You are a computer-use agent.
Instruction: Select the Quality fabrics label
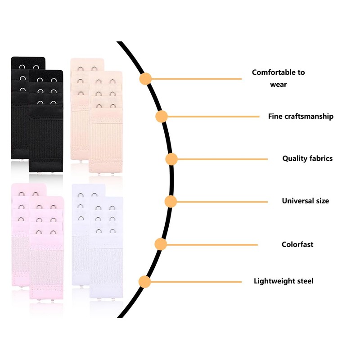pyautogui.click(x=307, y=158)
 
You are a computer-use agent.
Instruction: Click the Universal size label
pyautogui.click(x=306, y=201)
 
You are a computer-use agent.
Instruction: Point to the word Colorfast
pyautogui.click(x=297, y=244)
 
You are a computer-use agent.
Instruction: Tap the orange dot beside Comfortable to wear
pyautogui.click(x=145, y=79)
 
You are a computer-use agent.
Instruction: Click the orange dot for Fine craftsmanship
pyautogui.click(x=162, y=117)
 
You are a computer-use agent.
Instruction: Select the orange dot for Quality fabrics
pyautogui.click(x=171, y=159)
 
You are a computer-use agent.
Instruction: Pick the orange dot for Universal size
pyautogui.click(x=171, y=202)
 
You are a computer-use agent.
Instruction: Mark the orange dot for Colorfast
pyautogui.click(x=161, y=244)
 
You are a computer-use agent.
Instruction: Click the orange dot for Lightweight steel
pyautogui.click(x=144, y=282)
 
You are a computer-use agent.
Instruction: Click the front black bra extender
pyautogui.click(x=46, y=121)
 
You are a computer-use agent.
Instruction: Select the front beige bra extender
pyautogui.click(x=106, y=121)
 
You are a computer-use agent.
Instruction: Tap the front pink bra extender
pyautogui.click(x=47, y=247)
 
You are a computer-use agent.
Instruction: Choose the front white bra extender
pyautogui.click(x=106, y=247)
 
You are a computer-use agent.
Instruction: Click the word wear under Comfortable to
pyautogui.click(x=279, y=85)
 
